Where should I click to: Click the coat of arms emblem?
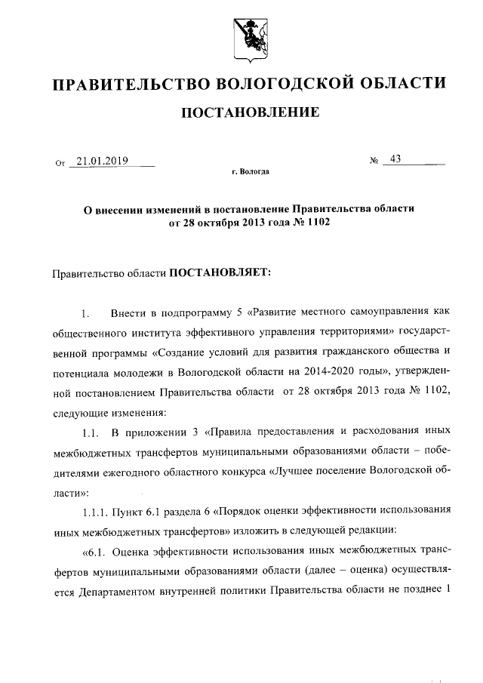(x=249, y=37)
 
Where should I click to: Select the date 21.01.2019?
(x=103, y=161)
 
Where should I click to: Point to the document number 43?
(x=395, y=159)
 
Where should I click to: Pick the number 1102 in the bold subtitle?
(x=318, y=224)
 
